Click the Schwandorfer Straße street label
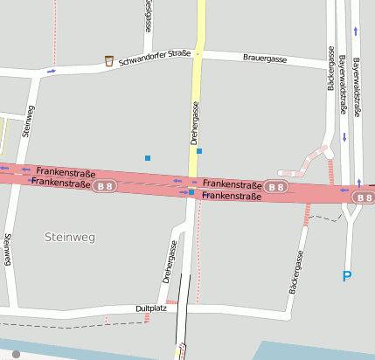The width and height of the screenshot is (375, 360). (155, 54)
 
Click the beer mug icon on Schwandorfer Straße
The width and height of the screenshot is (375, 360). (109, 61)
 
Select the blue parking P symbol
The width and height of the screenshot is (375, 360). (346, 277)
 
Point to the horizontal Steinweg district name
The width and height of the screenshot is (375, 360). (69, 237)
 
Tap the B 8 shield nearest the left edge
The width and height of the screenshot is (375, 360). (106, 187)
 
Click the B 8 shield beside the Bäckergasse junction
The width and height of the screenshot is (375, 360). (276, 187)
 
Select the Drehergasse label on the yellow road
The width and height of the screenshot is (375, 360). (195, 122)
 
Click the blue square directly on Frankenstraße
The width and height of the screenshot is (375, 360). (191, 191)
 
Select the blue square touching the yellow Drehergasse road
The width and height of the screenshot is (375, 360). (199, 151)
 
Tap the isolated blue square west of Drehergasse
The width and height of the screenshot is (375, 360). (148, 157)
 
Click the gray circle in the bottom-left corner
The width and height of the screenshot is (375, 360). (17, 354)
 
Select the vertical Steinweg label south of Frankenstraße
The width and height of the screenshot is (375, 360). (7, 249)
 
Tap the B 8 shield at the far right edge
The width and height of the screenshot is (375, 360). (364, 198)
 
